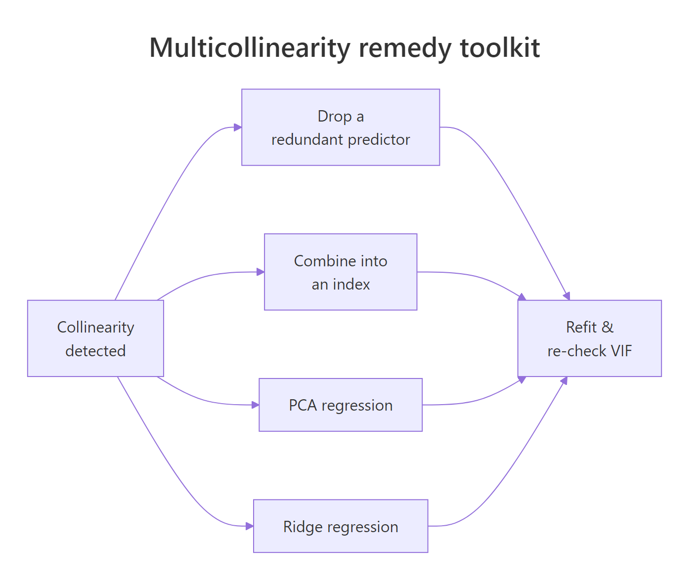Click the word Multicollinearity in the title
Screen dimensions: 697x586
click(x=250, y=48)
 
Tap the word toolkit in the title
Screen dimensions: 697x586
click(x=500, y=48)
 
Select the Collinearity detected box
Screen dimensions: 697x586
click(x=95, y=338)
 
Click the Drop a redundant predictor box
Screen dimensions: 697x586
click(x=341, y=127)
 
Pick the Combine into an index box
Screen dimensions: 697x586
click(x=341, y=272)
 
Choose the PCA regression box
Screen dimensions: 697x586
click(x=341, y=405)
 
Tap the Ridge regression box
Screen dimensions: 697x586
click(x=341, y=526)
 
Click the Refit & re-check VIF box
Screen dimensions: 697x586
click(x=589, y=338)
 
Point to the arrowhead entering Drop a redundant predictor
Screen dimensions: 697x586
click(x=238, y=127)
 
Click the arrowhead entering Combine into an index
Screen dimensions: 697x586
click(x=261, y=272)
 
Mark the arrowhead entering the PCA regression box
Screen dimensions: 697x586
click(x=255, y=405)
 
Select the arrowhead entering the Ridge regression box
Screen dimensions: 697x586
click(x=250, y=526)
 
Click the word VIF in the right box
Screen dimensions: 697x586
click(x=621, y=351)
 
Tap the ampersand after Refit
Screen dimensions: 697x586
click(x=608, y=327)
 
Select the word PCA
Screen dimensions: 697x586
click(x=303, y=405)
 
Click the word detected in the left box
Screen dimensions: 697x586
click(x=95, y=351)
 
